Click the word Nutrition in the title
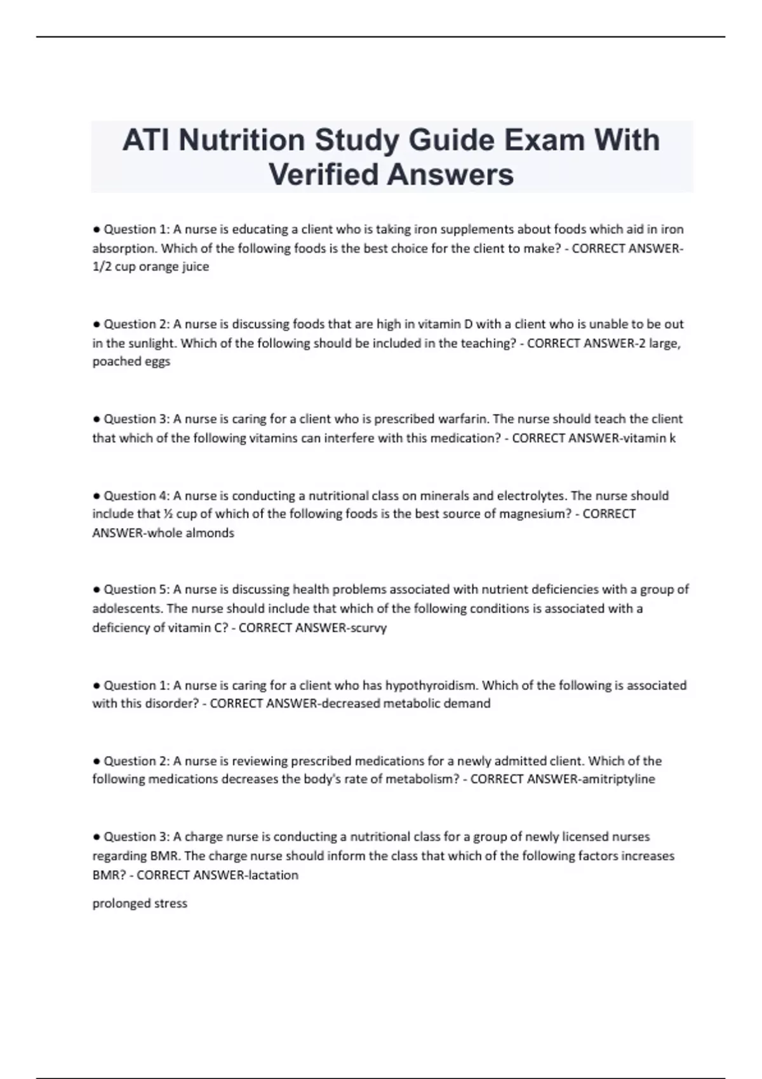click(x=241, y=140)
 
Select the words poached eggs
click(x=131, y=362)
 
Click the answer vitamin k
click(x=650, y=438)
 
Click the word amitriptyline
click(x=618, y=779)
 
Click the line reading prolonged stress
click(x=140, y=903)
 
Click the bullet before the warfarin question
click(x=97, y=419)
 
